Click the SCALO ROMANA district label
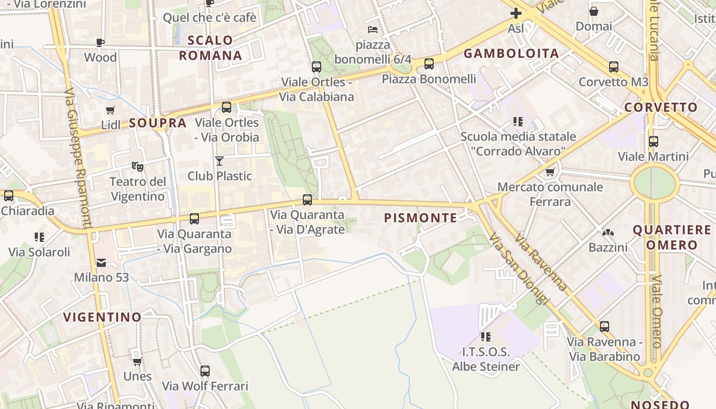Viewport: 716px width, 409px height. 210,48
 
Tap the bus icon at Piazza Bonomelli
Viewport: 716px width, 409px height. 429,63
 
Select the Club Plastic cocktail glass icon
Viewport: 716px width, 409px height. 219,161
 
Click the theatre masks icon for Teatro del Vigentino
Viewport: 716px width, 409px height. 138,166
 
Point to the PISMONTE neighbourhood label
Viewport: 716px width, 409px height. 421,218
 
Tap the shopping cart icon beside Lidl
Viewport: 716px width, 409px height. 110,110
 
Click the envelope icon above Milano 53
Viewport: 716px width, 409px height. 101,263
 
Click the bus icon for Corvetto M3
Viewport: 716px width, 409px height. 614,66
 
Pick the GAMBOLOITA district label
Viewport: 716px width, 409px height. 511,53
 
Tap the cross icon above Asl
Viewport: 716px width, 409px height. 516,14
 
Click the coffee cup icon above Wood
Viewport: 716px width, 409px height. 100,42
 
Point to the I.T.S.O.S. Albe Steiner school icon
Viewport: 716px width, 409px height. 485,336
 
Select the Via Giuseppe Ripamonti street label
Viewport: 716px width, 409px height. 78,159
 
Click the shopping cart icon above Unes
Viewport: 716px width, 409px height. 137,361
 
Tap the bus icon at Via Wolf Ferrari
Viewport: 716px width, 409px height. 205,371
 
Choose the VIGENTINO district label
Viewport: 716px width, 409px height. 102,317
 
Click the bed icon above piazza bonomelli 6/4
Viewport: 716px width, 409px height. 373,30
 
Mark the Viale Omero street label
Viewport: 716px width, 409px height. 658,312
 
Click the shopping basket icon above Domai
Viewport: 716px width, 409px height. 594,11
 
